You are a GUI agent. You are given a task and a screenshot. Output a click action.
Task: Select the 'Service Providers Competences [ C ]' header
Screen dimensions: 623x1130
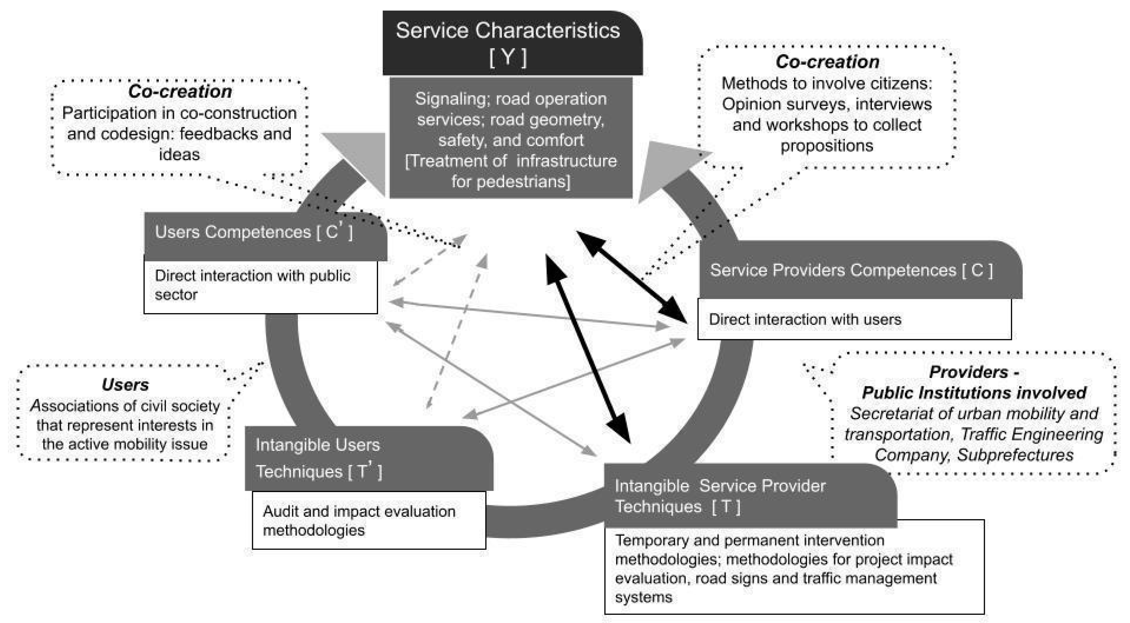(851, 270)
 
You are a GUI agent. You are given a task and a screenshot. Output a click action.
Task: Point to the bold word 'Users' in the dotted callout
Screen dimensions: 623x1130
(125, 385)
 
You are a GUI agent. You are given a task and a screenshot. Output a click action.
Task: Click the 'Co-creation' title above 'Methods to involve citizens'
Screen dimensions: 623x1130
(827, 62)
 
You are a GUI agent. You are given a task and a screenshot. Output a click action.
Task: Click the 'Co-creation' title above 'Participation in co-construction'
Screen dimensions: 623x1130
(180, 91)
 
